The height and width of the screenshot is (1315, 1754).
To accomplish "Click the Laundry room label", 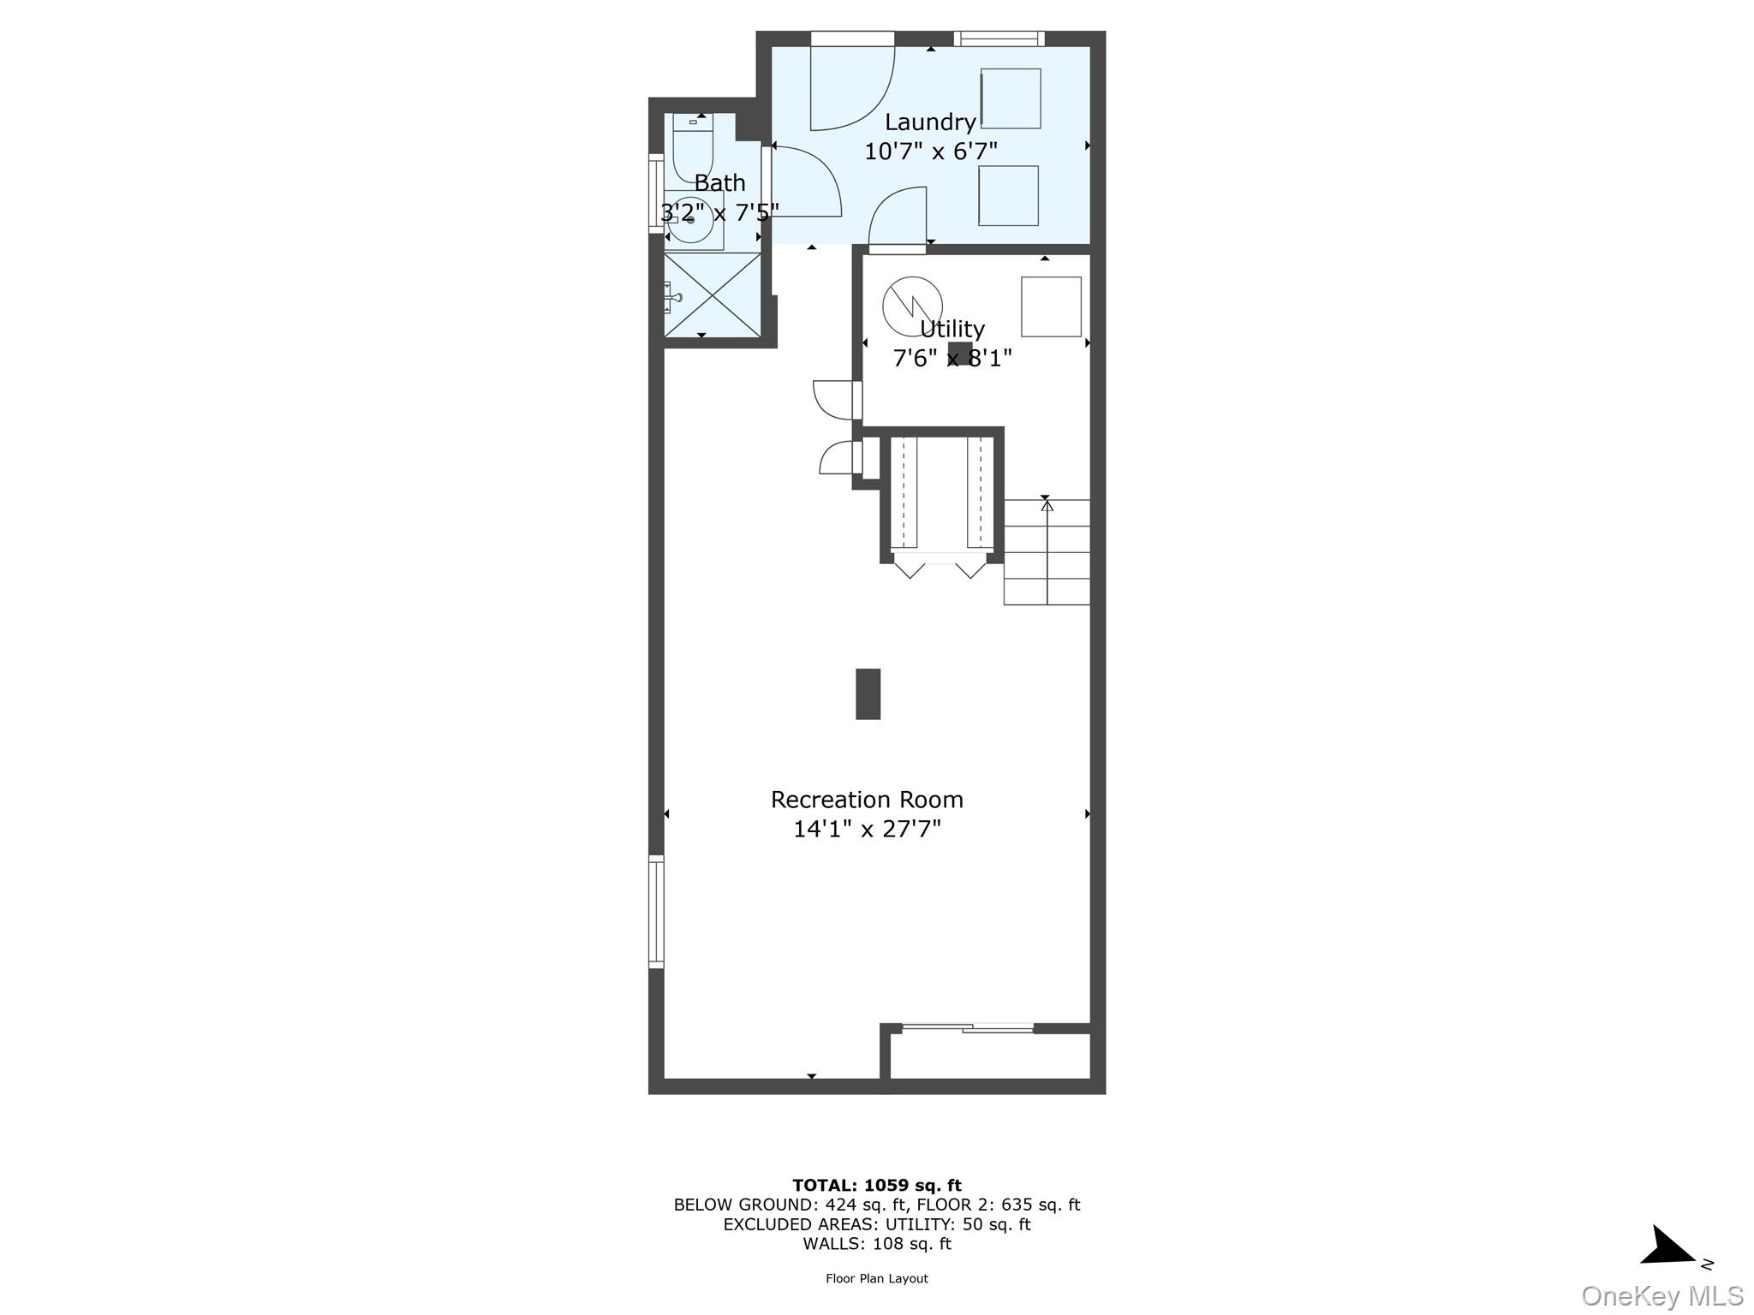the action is pos(930,122).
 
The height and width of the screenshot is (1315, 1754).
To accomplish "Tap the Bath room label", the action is pos(719,182).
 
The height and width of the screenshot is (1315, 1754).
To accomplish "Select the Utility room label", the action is pos(952,330).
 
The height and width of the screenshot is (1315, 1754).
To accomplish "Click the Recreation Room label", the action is pos(867,800).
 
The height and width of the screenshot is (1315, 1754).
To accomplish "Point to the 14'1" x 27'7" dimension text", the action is pos(867,829).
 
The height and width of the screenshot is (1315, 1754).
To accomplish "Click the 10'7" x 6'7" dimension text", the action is pos(931,152).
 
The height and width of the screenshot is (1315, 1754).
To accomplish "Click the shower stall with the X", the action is pos(713,295).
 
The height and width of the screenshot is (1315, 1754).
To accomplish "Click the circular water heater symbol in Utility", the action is pos(913,306).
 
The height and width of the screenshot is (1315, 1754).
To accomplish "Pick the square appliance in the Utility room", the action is pos(1051,306).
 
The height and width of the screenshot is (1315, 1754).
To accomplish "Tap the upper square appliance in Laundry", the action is pos(1011,98).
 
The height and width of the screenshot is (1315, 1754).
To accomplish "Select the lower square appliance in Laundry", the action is pos(1009,196).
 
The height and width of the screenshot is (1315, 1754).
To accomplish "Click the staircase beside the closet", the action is pos(1047,552).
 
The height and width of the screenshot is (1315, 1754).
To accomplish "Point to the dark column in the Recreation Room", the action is pos(868,693).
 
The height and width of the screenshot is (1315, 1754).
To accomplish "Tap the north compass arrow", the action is pos(1667,1247).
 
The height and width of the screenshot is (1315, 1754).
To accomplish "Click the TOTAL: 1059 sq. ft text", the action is pos(877,1186).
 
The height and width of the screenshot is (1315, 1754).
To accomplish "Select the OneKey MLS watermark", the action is pos(1662,1296).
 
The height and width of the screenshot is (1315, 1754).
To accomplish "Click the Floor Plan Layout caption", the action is pos(877,1279).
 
